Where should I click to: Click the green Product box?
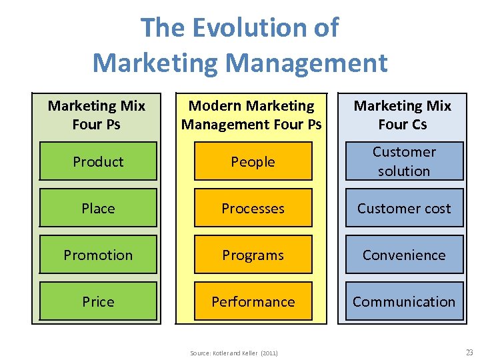98,161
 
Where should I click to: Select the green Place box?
98,208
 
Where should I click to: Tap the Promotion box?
98,255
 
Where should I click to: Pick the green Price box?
98,301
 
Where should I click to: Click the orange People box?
253,161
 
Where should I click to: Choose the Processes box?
253,208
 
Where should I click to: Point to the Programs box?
253,255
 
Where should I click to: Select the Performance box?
253,301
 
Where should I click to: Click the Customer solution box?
404,161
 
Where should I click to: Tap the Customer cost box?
404,208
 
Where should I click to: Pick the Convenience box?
404,255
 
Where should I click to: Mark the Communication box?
404,301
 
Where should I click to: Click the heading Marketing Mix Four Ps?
97,115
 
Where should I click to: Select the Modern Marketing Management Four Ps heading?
251,115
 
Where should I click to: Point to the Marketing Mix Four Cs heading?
402,115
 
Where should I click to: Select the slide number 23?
468,352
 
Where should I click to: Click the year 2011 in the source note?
269,353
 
